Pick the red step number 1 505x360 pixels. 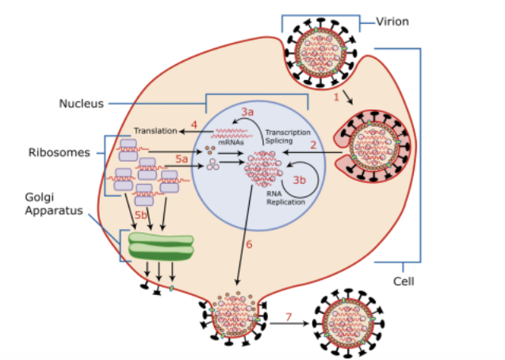tap(336, 97)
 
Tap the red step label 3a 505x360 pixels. tap(248, 112)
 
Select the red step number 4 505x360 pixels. tap(194, 124)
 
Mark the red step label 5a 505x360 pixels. tap(182, 159)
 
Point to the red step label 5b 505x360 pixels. tap(140, 214)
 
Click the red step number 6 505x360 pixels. tap(248, 245)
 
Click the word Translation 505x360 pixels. tap(155, 130)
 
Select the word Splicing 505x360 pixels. tap(279, 140)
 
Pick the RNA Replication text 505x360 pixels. tap(280, 198)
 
